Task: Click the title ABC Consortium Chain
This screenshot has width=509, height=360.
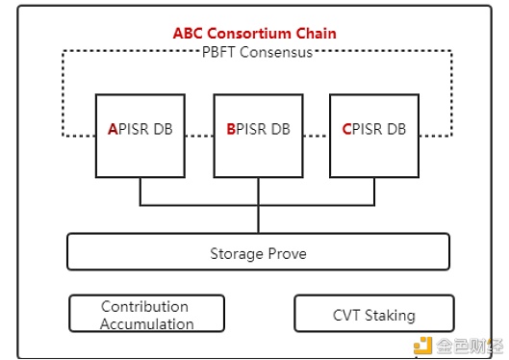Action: tap(255, 33)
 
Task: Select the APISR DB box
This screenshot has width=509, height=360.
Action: tap(140, 135)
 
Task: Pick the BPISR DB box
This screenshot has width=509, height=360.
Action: tap(257, 135)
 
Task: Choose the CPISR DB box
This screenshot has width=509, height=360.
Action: tap(374, 135)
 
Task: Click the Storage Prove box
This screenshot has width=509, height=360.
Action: tap(258, 252)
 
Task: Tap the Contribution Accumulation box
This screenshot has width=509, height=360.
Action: tap(146, 315)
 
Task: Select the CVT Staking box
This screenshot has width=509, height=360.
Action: tap(373, 315)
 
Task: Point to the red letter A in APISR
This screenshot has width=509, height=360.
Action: tap(113, 129)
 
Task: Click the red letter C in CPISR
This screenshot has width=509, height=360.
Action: tap(347, 129)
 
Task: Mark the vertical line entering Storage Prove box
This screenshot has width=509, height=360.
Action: tap(258, 219)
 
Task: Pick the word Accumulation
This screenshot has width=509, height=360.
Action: tap(146, 323)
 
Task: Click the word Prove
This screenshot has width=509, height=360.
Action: tap(285, 254)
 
